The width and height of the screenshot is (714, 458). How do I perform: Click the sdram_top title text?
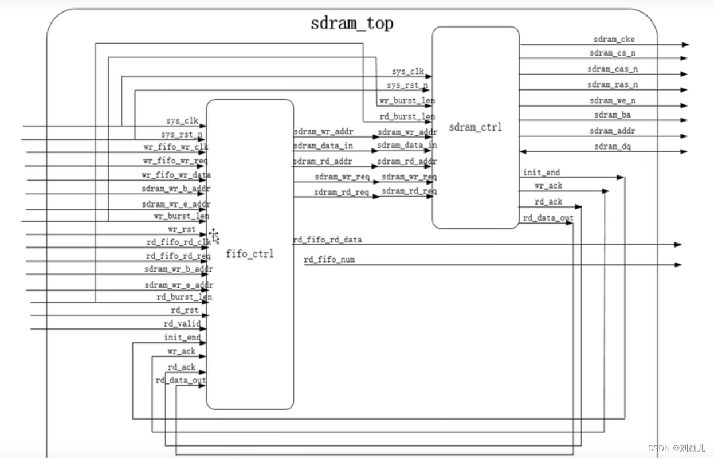tap(352, 24)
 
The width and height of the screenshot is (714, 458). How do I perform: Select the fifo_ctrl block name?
tap(250, 253)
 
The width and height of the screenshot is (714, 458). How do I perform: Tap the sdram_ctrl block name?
tap(475, 127)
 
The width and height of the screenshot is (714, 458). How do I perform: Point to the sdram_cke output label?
tap(614, 39)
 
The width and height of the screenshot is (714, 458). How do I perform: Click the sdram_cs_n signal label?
tap(613, 53)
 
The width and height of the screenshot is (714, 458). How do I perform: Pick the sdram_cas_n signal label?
tap(613, 69)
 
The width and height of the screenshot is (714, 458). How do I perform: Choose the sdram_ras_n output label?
tap(613, 84)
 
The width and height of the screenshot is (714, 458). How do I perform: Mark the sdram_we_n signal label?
tap(613, 100)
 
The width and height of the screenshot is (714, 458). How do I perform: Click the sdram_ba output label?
tap(613, 115)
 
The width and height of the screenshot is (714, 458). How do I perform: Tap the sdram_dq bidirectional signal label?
tap(613, 147)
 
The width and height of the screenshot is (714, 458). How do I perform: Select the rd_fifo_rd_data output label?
tap(327, 240)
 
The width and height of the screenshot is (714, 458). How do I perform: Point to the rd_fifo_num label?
tap(329, 260)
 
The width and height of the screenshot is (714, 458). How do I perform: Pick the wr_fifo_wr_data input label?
tap(176, 175)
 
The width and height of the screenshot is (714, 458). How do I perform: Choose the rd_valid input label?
tap(182, 324)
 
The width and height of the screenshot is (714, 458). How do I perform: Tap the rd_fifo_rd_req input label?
tap(178, 256)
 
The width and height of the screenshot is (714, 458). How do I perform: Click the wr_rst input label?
tap(182, 229)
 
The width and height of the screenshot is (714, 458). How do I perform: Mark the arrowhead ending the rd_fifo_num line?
tap(678, 265)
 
